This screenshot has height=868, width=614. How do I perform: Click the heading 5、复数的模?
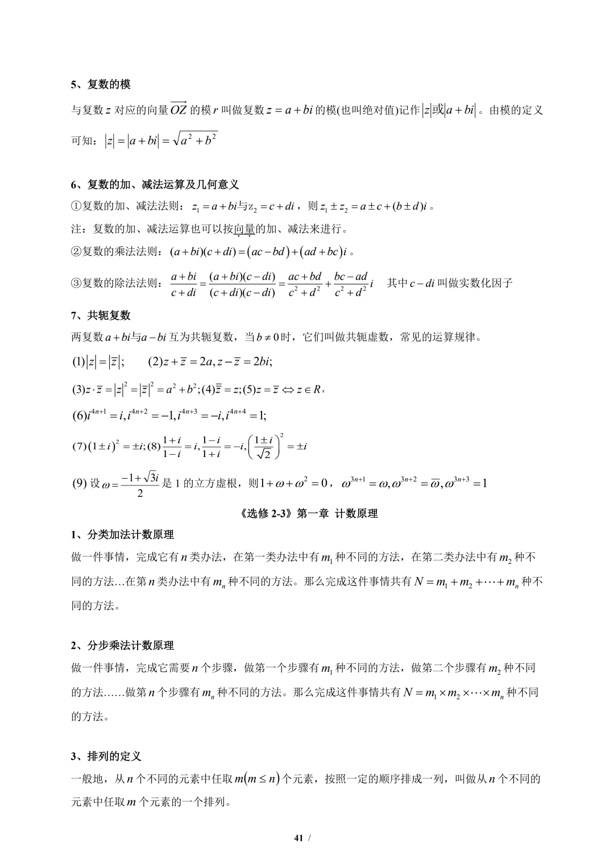[101, 85]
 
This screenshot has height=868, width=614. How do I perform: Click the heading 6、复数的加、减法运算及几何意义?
[155, 185]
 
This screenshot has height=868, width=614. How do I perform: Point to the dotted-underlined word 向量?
[244, 229]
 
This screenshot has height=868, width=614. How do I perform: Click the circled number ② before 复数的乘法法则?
[77, 251]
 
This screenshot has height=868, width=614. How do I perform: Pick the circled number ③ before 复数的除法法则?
[77, 283]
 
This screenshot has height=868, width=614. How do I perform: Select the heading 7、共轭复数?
[101, 315]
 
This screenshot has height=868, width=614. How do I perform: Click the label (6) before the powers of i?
[79, 416]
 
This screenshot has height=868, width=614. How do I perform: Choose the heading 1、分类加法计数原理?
[122, 535]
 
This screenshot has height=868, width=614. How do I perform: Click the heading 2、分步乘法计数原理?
[122, 646]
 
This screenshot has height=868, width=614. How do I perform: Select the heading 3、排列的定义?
[106, 757]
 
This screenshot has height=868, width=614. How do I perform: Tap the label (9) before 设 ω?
[79, 484]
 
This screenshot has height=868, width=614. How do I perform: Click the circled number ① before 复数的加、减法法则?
[77, 206]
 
